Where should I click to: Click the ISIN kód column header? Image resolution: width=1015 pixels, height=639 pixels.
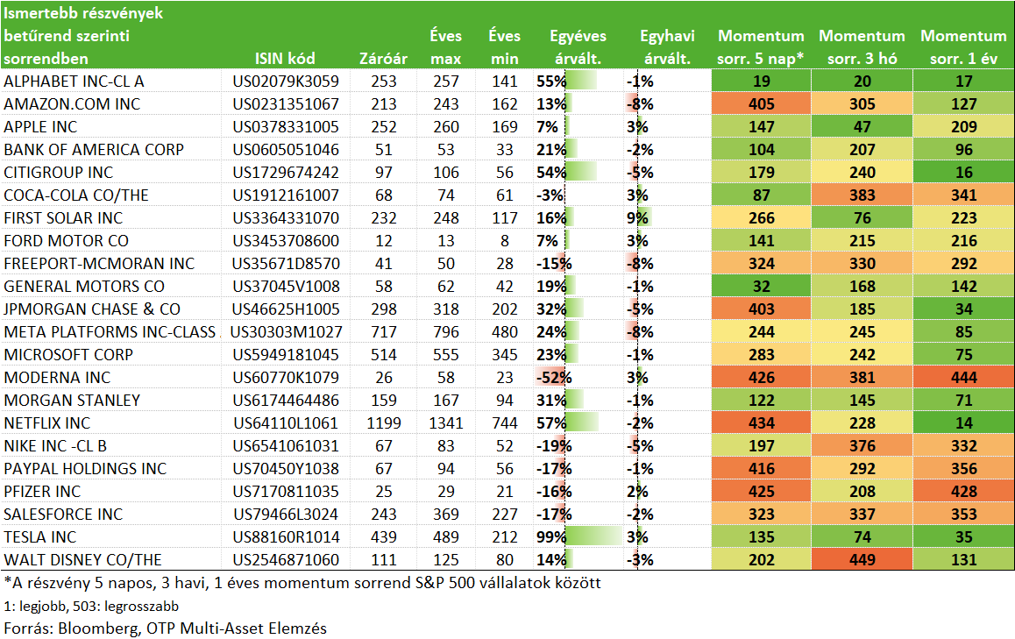click(285, 58)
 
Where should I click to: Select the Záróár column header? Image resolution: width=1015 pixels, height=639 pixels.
click(383, 58)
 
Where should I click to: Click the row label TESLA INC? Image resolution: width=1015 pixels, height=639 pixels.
click(40, 536)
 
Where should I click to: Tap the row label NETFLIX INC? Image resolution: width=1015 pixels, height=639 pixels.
click(47, 422)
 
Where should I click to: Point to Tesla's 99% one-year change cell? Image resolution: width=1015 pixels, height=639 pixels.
click(551, 536)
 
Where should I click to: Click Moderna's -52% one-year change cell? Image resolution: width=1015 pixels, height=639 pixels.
click(554, 378)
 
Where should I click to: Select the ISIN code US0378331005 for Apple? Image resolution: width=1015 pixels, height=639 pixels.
click(286, 127)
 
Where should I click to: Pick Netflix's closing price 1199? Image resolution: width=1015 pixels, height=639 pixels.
click(384, 422)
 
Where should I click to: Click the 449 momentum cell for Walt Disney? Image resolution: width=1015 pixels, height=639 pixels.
click(862, 559)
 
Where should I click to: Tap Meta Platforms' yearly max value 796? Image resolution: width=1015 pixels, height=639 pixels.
click(446, 331)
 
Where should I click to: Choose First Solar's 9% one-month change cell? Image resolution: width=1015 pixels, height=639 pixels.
click(637, 218)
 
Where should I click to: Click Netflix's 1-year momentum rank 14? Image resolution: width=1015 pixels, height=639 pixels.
click(964, 422)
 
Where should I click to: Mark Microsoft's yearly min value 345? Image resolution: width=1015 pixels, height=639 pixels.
click(504, 355)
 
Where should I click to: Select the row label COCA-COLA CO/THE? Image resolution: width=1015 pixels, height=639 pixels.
click(76, 195)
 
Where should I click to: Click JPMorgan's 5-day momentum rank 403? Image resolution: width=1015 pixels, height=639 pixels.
click(761, 309)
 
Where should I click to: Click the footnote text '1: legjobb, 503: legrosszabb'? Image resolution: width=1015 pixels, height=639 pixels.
click(91, 606)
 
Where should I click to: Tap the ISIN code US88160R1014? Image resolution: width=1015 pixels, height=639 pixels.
click(286, 536)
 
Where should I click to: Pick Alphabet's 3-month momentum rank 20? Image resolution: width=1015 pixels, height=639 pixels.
click(862, 81)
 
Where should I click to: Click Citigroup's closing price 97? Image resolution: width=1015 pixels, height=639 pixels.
click(384, 172)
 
